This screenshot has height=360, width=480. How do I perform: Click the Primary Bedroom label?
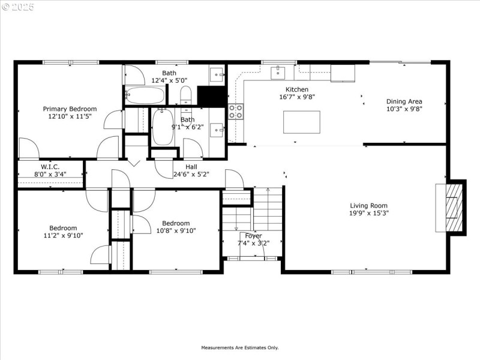point(70,109)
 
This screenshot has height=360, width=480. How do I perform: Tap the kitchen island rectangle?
point(301,122)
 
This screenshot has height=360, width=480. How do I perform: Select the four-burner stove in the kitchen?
point(236,111)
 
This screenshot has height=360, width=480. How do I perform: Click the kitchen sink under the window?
point(278,73)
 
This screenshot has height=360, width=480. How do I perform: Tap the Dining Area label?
point(404,101)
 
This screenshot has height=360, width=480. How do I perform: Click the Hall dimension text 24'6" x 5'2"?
point(191,175)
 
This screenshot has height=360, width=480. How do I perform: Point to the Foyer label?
point(253,236)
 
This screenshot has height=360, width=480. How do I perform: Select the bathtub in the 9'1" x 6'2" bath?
point(163,127)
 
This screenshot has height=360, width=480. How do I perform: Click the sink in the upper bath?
point(217,75)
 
